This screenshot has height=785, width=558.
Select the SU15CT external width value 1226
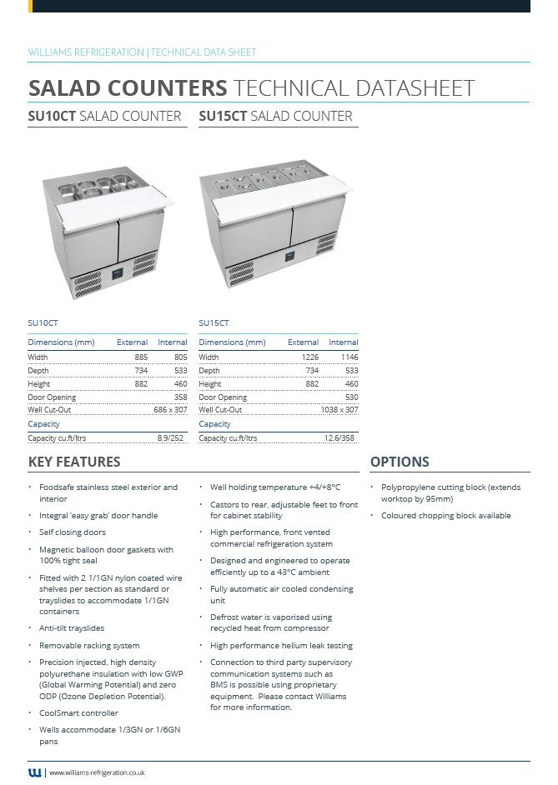(x=309, y=357)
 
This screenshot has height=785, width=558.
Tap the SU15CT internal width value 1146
(x=348, y=357)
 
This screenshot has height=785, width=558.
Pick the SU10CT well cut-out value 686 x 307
(x=170, y=410)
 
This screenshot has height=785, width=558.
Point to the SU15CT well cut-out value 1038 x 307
(x=339, y=410)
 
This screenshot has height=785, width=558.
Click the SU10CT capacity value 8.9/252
(x=170, y=437)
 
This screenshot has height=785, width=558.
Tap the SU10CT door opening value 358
(x=180, y=397)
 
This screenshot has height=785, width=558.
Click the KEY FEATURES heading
(x=74, y=462)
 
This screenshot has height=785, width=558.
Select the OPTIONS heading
(x=400, y=462)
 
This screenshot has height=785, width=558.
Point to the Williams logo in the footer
(x=34, y=772)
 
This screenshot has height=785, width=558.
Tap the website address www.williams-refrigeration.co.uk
(x=98, y=773)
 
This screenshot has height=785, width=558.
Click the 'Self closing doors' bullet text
(x=73, y=532)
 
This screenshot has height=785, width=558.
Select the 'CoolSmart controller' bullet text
(x=78, y=713)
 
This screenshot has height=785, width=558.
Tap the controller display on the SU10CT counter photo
(x=117, y=271)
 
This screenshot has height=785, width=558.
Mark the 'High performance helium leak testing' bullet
(x=281, y=646)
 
